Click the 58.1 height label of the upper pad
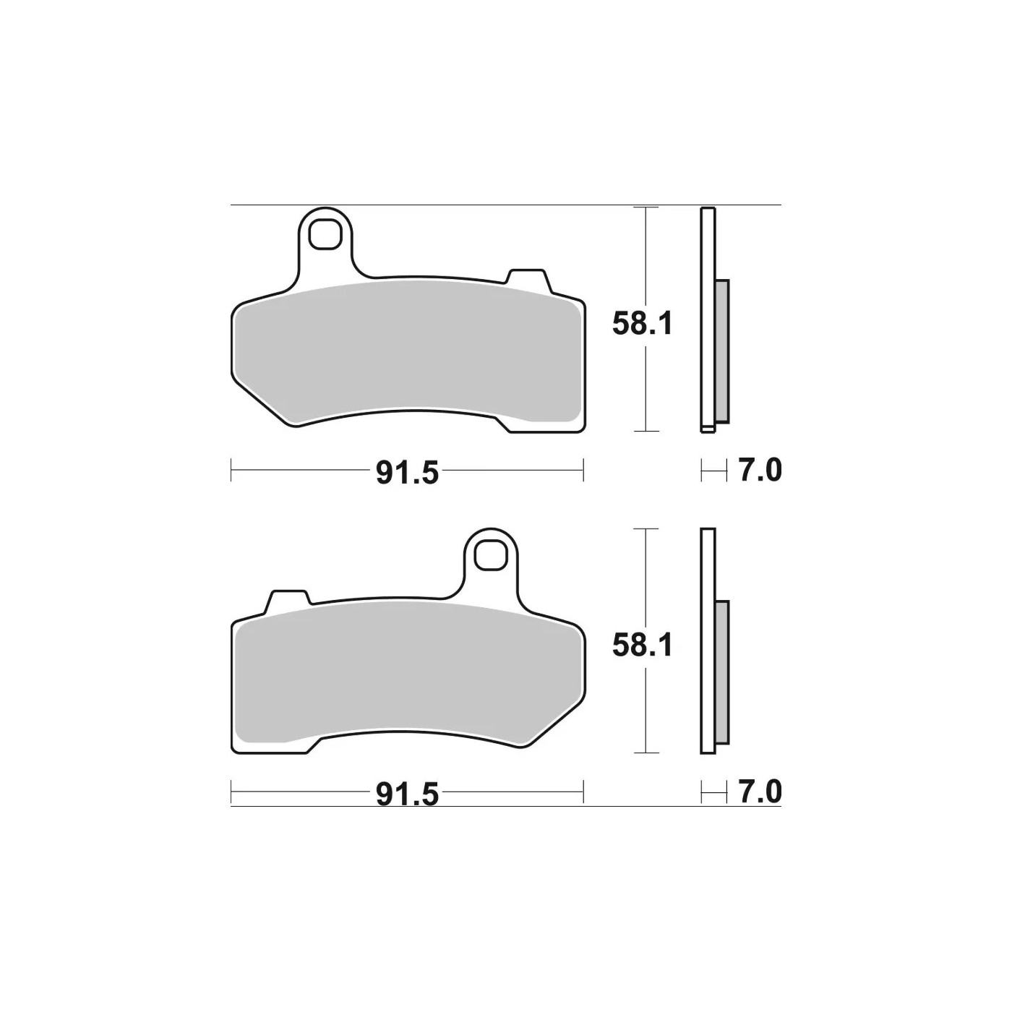point(642,325)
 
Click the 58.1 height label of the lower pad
point(642,646)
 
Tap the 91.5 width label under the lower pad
point(407,795)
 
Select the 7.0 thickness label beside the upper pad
point(760,470)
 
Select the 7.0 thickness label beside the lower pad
point(760,792)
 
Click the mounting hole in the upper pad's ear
point(324,233)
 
